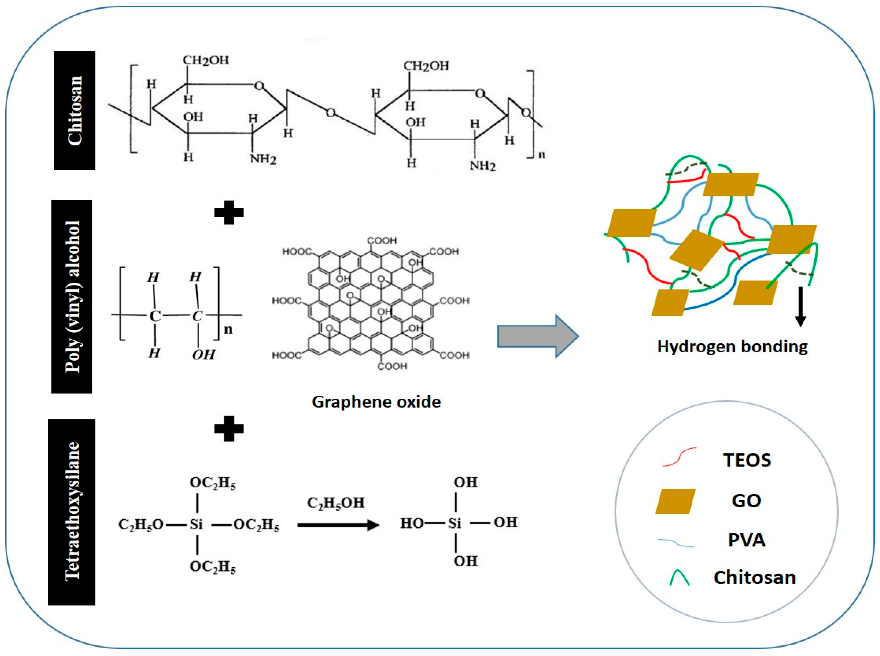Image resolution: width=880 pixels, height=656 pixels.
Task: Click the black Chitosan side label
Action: coord(74,110)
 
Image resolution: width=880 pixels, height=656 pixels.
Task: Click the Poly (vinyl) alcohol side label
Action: coord(72,296)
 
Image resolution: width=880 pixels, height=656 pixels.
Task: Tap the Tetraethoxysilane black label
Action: coord(72,512)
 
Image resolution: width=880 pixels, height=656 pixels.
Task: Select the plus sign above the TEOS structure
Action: coord(229,428)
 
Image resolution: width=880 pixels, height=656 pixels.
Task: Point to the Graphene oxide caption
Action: coord(376,402)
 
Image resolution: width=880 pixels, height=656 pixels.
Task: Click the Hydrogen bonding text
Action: coord(732,346)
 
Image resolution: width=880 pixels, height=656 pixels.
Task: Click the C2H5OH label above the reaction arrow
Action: coord(336,503)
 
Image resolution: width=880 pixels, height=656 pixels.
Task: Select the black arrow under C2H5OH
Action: coord(338,525)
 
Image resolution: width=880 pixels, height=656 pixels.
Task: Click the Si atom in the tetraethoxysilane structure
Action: coord(196,524)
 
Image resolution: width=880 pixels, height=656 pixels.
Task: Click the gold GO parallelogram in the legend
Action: coord(675,501)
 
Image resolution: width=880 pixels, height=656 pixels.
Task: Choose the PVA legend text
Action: coord(746,540)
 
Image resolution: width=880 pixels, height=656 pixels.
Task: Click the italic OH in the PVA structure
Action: coord(203,354)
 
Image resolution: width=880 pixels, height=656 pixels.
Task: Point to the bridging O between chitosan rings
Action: coord(330,113)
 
